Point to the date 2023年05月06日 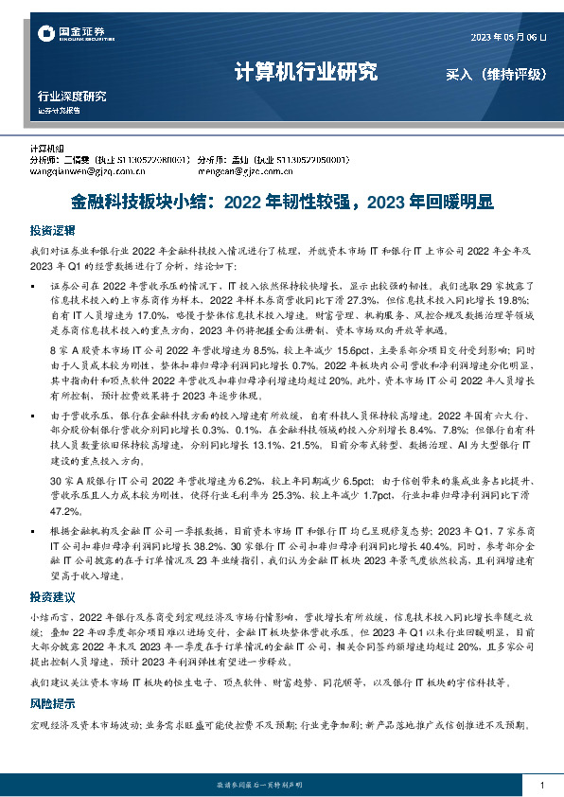coord(508,37)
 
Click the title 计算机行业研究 coord(305,73)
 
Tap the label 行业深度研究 coord(72,97)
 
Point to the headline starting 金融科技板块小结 coord(282,202)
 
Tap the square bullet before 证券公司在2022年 coord(35,284)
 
